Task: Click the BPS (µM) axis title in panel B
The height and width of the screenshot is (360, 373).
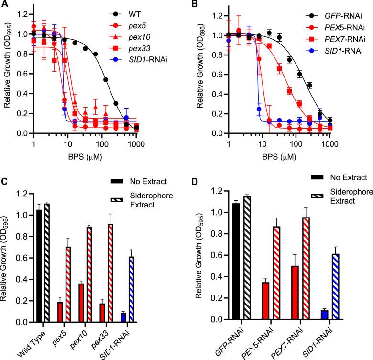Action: click(x=279, y=156)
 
